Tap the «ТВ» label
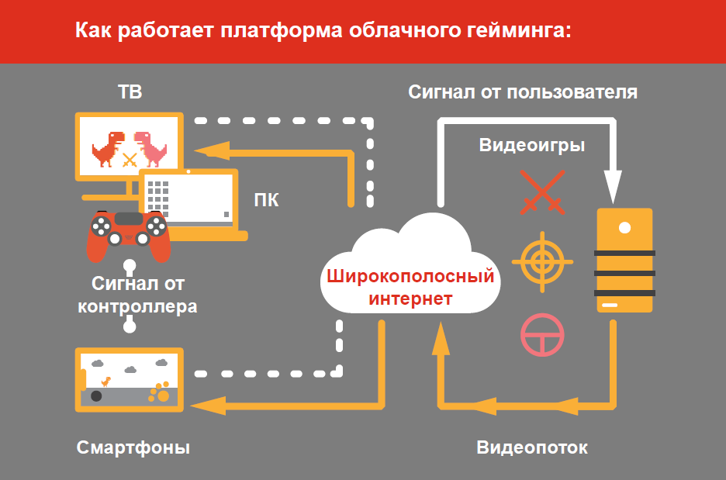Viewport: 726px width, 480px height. pyautogui.click(x=130, y=93)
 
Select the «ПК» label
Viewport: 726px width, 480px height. pyautogui.click(x=267, y=200)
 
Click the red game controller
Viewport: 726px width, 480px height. pyautogui.click(x=129, y=233)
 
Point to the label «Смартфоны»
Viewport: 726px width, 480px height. pyautogui.click(x=133, y=448)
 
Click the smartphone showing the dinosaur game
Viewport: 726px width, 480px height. pyautogui.click(x=130, y=379)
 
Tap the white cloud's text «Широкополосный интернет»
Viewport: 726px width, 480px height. pyautogui.click(x=409, y=287)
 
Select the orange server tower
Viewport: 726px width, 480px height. pyautogui.click(x=624, y=261)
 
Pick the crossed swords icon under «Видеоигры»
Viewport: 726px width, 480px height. pyautogui.click(x=542, y=191)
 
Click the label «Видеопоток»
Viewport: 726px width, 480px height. pyautogui.click(x=532, y=448)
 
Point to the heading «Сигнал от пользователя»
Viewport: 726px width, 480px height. pyautogui.click(x=524, y=93)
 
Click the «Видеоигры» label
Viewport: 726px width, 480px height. pyautogui.click(x=532, y=145)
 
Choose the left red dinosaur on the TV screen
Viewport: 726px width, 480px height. pyautogui.click(x=107, y=148)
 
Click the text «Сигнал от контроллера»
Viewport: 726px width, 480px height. pyautogui.click(x=137, y=295)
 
